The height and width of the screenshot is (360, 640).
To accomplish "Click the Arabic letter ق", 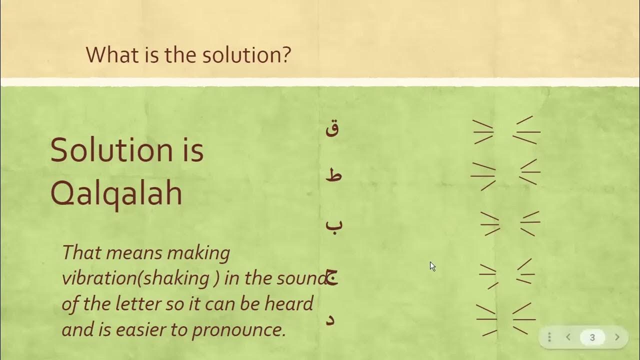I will click(332, 129).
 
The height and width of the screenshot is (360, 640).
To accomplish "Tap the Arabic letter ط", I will click(333, 175).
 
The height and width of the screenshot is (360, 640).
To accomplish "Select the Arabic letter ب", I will click(334, 223).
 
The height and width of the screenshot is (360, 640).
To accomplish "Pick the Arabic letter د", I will click(330, 319).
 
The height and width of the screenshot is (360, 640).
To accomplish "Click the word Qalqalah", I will click(116, 194).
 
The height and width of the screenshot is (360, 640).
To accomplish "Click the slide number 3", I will click(592, 337).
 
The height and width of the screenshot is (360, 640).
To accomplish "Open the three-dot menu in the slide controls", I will click(549, 337).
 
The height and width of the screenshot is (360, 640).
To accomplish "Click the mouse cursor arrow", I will click(432, 266).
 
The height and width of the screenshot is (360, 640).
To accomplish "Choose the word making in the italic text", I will click(198, 253).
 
